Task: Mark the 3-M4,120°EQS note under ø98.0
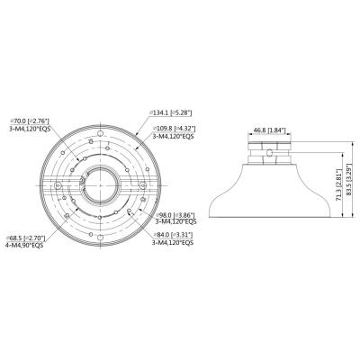178,225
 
